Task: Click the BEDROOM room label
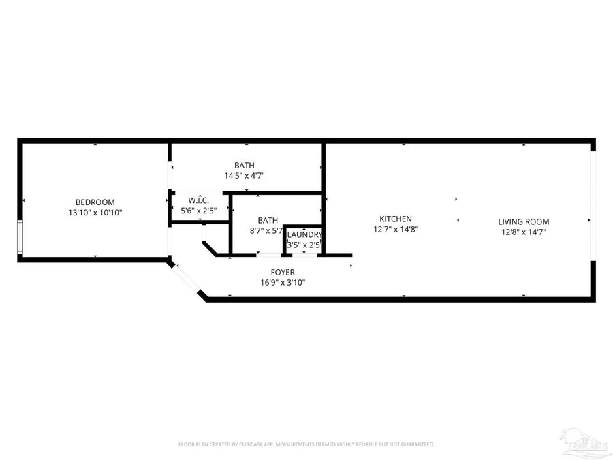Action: pyautogui.click(x=95, y=202)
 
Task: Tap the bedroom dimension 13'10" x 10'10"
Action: pyautogui.click(x=95, y=213)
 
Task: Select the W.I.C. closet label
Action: pyautogui.click(x=198, y=200)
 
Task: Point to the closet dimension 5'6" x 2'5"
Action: pyautogui.click(x=198, y=211)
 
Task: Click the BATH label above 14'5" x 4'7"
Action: pyautogui.click(x=245, y=165)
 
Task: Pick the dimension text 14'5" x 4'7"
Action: pyautogui.click(x=245, y=176)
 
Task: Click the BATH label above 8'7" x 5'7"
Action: pyautogui.click(x=268, y=220)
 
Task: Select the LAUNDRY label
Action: pyautogui.click(x=304, y=234)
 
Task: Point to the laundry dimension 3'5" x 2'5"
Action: pyautogui.click(x=304, y=244)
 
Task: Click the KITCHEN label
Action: pyautogui.click(x=396, y=219)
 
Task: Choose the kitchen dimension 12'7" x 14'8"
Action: pyautogui.click(x=396, y=230)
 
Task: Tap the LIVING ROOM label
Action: pyautogui.click(x=523, y=221)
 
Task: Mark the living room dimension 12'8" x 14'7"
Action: pyautogui.click(x=523, y=232)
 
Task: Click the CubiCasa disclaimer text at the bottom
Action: pyautogui.click(x=306, y=444)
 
